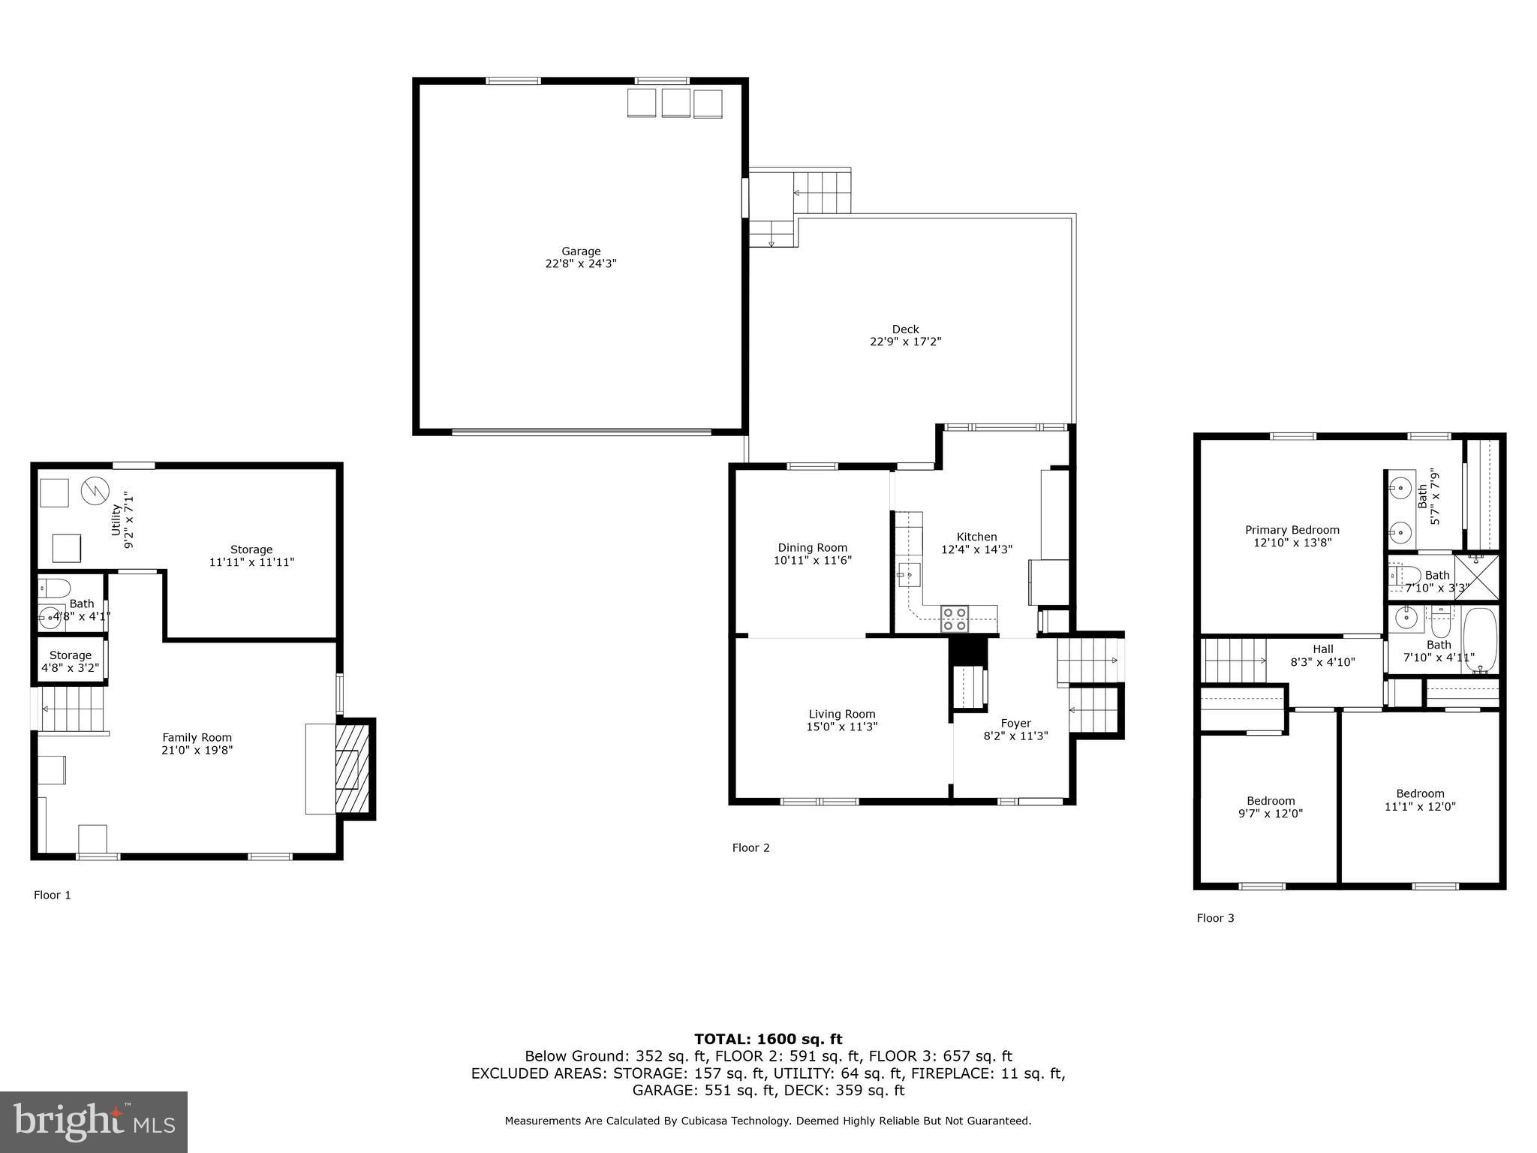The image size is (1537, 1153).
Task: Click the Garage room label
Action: click(x=581, y=251)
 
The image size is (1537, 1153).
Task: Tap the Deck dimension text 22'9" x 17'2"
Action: click(x=905, y=342)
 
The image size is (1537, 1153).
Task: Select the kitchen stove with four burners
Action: click(x=955, y=619)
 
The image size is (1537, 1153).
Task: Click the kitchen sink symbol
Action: click(x=909, y=575)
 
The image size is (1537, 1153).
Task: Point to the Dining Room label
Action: click(x=812, y=548)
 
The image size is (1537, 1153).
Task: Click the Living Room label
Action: click(x=841, y=714)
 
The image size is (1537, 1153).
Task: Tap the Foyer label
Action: click(x=1015, y=724)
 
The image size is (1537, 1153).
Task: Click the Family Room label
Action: click(x=197, y=737)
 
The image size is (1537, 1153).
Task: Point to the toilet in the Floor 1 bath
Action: click(x=54, y=587)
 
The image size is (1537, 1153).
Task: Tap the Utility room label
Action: click(x=116, y=519)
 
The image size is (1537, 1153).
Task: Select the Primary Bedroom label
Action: click(x=1292, y=530)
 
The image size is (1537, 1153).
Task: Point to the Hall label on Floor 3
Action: click(x=1322, y=649)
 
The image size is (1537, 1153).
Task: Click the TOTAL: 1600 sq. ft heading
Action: click(x=768, y=1039)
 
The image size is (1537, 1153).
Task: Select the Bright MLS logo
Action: click(x=94, y=1121)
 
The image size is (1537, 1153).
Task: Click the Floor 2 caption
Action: click(x=750, y=847)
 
